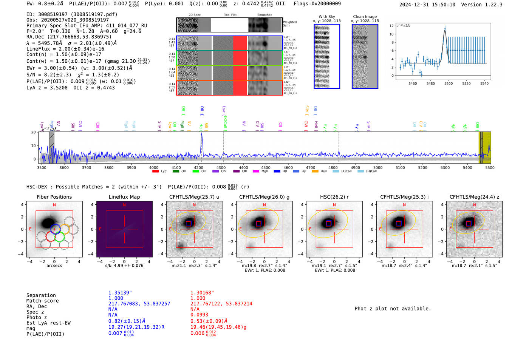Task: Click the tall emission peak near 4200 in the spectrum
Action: (x=201, y=134)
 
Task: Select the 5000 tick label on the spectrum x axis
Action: (x=377, y=168)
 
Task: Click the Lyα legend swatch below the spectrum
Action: (x=155, y=172)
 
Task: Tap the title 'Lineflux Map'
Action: (x=124, y=197)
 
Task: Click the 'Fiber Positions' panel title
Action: (x=54, y=197)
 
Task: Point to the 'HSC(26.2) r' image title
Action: (x=334, y=197)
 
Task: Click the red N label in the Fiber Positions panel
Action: (x=54, y=205)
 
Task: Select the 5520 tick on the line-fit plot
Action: (x=466, y=83)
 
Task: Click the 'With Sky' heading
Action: (x=326, y=17)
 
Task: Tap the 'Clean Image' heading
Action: (x=365, y=17)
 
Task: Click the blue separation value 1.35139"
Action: (x=120, y=293)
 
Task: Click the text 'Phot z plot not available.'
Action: (x=393, y=309)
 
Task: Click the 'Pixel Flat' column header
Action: (x=230, y=15)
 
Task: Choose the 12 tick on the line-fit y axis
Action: (x=391, y=26)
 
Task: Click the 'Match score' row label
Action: (x=42, y=301)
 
